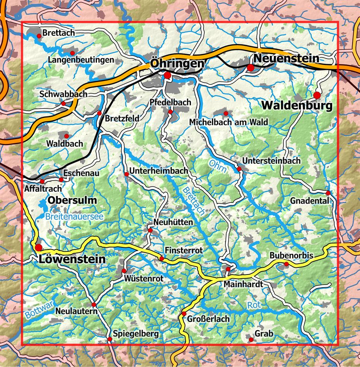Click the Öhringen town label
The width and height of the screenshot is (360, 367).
click(177, 64)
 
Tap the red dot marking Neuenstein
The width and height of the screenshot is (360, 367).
click(250, 68)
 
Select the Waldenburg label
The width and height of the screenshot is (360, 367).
click(296, 106)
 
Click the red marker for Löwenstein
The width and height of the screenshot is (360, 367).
click(39, 247)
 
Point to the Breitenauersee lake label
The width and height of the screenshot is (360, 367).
click(74, 216)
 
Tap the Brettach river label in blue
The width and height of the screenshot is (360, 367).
click(193, 200)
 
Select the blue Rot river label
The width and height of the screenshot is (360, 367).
click(254, 305)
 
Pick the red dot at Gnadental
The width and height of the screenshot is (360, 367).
click(328, 193)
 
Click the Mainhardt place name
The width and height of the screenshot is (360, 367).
click(243, 284)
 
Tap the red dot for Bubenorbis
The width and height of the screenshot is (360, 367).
click(286, 264)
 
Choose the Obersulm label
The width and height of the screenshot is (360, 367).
click(72, 200)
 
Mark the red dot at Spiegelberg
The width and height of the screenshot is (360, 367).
click(110, 339)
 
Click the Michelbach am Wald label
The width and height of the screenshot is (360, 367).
click(228, 122)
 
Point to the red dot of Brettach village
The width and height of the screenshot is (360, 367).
click(39, 36)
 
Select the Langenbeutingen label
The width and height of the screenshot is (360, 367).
click(81, 60)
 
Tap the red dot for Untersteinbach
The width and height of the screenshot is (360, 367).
click(239, 169)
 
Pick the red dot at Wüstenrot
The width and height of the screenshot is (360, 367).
click(124, 270)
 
